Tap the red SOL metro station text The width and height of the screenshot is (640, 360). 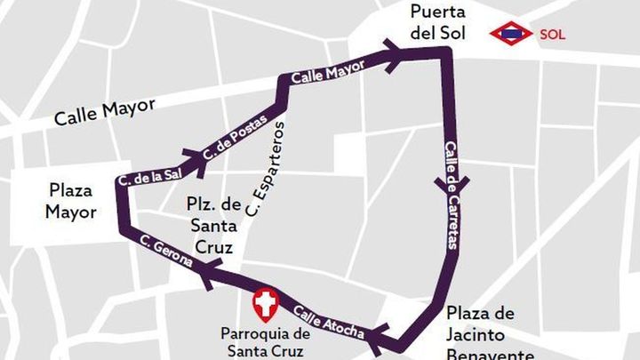[552, 35]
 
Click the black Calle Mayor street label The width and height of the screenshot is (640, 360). [104, 112]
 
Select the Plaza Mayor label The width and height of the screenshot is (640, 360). [72, 202]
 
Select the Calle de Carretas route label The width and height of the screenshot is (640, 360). [451, 195]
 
